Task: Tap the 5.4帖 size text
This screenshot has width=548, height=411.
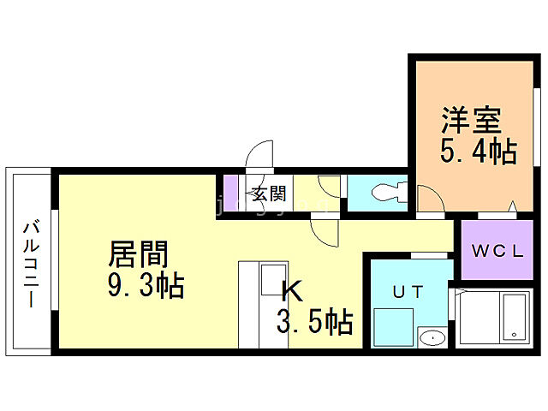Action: (478, 152)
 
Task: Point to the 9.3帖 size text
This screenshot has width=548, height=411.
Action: (146, 285)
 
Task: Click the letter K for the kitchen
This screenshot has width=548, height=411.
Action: (291, 292)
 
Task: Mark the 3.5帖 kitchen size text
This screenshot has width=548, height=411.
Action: (314, 323)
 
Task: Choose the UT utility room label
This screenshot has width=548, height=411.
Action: (408, 291)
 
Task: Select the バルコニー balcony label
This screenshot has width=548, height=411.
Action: (31, 264)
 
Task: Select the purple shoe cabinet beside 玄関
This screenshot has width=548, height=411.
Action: (230, 194)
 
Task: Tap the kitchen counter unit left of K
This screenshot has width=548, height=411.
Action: (254, 304)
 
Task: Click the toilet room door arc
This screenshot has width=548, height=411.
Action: (330, 189)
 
